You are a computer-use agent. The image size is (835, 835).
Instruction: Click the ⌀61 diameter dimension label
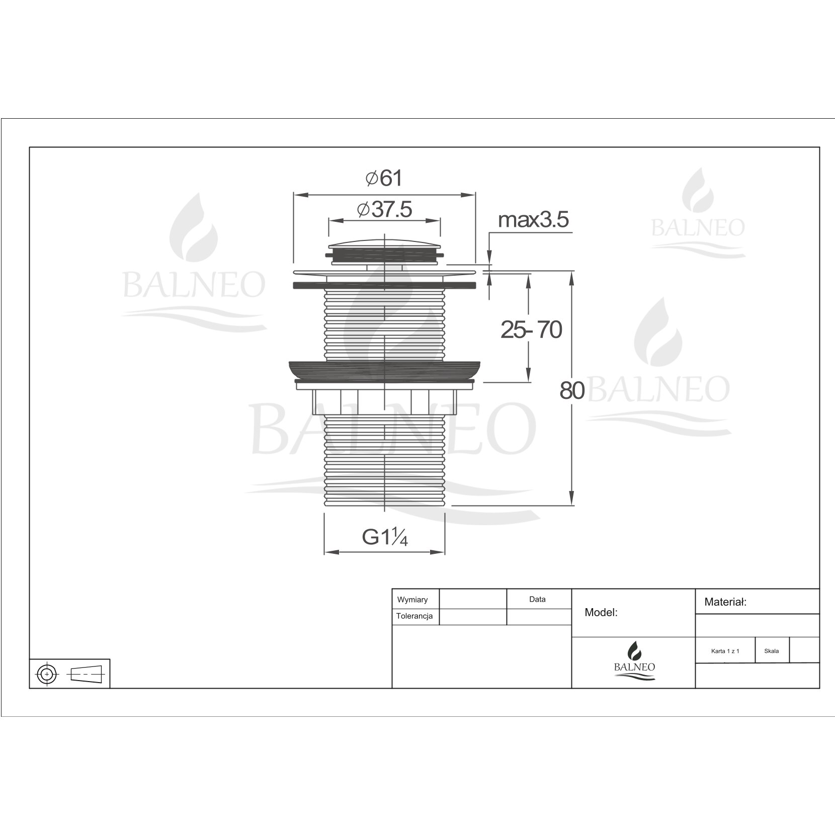(x=384, y=178)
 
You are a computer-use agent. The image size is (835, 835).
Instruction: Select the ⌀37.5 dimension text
(x=385, y=209)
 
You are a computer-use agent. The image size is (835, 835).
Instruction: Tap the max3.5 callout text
(x=533, y=220)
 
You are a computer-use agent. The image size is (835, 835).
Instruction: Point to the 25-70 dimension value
(x=531, y=330)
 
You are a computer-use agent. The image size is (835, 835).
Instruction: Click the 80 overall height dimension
(x=572, y=390)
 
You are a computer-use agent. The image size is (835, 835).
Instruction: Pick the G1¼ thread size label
(x=385, y=537)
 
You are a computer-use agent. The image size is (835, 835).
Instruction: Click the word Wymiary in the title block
(x=412, y=600)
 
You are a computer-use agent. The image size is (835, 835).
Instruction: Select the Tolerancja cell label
(x=414, y=616)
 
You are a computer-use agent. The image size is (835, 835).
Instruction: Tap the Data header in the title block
(x=537, y=599)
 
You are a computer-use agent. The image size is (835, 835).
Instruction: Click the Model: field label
(x=601, y=612)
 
